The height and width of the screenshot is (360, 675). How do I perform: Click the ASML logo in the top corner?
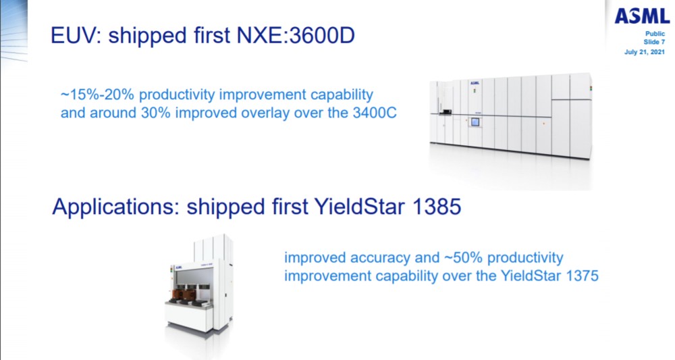click(x=642, y=16)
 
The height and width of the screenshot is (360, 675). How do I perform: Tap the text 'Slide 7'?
click(x=654, y=42)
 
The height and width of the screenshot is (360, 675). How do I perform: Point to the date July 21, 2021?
click(x=645, y=52)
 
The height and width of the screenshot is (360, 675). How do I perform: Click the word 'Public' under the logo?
click(x=655, y=34)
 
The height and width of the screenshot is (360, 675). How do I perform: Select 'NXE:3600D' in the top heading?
click(x=296, y=35)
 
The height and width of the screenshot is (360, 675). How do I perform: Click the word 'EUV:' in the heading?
click(x=76, y=35)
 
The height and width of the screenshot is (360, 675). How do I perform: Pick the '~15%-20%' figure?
click(x=98, y=95)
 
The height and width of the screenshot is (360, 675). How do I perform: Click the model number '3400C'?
click(x=375, y=113)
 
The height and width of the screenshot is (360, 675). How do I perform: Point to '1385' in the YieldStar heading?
click(x=437, y=207)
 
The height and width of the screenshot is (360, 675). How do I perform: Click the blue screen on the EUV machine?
click(x=475, y=122)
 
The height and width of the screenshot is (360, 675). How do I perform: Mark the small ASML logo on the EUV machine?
click(x=475, y=82)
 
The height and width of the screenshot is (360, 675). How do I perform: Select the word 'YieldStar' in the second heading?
click(x=360, y=207)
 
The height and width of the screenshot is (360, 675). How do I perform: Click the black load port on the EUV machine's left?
click(x=445, y=112)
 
